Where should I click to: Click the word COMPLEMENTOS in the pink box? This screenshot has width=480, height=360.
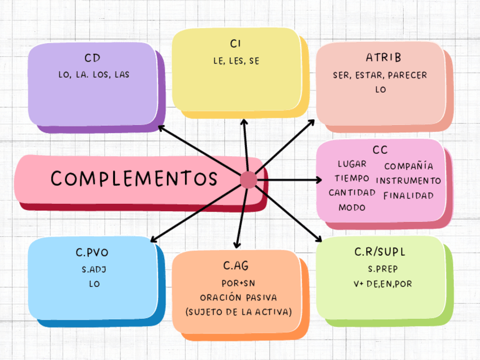click(134, 178)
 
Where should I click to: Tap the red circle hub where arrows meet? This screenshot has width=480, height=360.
click(248, 180)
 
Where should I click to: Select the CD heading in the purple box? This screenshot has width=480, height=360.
click(93, 58)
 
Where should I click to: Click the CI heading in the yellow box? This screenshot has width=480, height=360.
click(236, 44)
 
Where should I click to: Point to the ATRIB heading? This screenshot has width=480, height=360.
click(383, 58)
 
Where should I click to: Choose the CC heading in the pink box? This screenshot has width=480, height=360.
click(380, 150)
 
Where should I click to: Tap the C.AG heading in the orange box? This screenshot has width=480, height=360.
click(235, 265)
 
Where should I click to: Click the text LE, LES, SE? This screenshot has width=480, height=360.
click(236, 61)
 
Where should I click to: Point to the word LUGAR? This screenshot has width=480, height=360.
click(352, 164)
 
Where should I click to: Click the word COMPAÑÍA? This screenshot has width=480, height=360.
click(409, 166)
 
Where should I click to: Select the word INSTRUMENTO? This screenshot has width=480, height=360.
click(408, 181)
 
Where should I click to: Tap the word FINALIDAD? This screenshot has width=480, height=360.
click(408, 196)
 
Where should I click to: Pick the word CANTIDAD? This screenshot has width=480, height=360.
click(352, 192)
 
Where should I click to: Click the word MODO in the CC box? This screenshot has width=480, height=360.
click(352, 207)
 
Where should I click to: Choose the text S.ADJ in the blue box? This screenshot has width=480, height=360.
click(94, 269)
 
